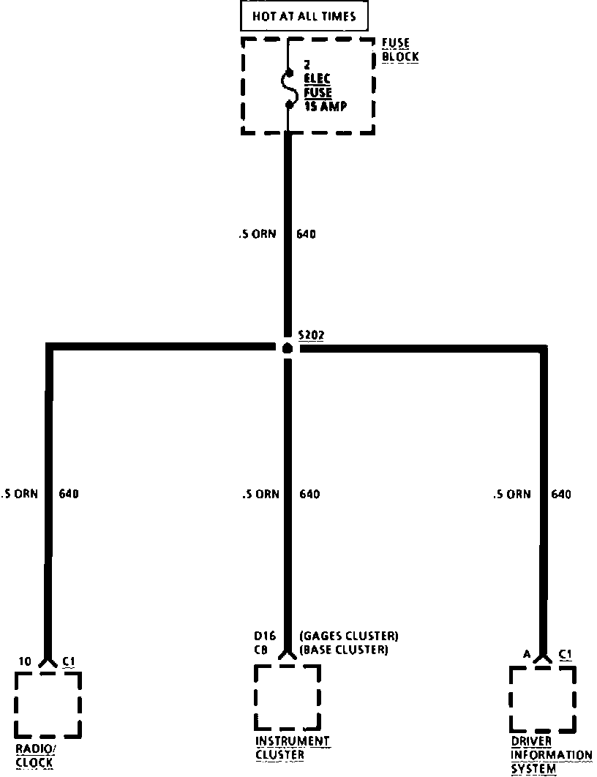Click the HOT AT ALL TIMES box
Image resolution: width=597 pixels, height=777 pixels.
(x=304, y=15)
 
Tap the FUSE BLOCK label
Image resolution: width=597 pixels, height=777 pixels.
(x=400, y=50)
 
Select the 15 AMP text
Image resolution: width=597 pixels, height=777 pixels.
(x=326, y=106)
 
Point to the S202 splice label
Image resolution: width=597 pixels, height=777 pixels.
(x=311, y=335)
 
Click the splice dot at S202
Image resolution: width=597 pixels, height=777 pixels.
(x=288, y=348)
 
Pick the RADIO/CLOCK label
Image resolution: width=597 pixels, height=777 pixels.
(x=35, y=756)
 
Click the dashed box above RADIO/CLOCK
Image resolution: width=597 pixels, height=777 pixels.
(x=48, y=704)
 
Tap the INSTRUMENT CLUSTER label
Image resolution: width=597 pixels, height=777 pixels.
(x=293, y=748)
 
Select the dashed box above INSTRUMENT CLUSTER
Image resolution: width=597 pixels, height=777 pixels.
(x=288, y=697)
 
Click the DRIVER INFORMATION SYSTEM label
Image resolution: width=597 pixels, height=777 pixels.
(x=551, y=755)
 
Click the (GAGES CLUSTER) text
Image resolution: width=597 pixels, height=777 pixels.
(x=349, y=635)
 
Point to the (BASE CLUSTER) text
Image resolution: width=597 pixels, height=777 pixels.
(x=344, y=650)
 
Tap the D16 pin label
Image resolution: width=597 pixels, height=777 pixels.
(x=263, y=635)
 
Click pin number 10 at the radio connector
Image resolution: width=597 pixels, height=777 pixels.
(x=25, y=662)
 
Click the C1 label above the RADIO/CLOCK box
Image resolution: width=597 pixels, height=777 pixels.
(x=69, y=662)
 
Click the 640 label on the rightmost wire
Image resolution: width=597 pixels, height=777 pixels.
(x=561, y=495)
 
